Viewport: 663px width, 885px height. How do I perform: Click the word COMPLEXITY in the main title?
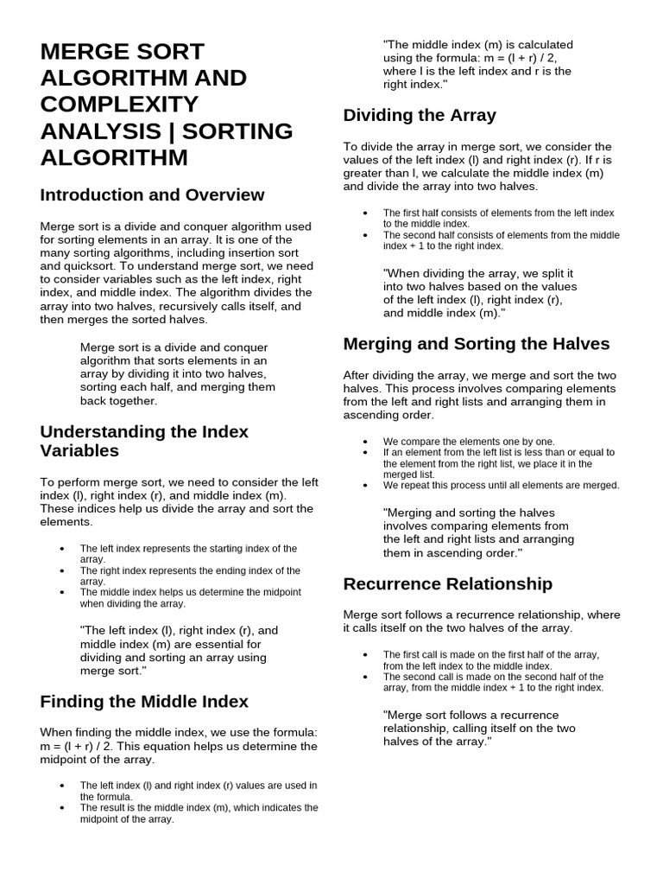[x=119, y=105]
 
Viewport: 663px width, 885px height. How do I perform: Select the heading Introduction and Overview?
[x=152, y=194]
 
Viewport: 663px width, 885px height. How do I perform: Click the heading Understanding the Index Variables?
[x=144, y=441]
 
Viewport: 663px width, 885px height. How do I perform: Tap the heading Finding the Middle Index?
[x=144, y=701]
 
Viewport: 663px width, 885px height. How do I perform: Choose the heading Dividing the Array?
[x=420, y=115]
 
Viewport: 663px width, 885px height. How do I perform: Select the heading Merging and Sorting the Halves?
[x=477, y=343]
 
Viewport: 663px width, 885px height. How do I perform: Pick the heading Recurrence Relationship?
[x=447, y=583]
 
